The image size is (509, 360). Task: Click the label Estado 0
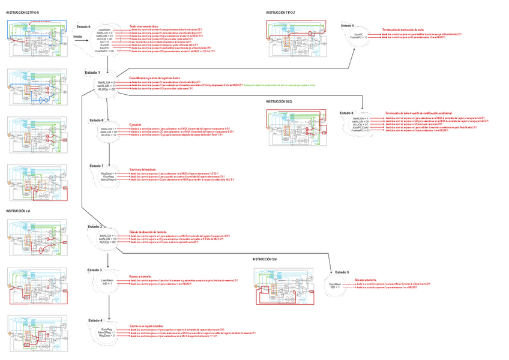pos(83,27)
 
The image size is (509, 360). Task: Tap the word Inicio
pos(77,37)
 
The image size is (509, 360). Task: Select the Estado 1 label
pos(92,73)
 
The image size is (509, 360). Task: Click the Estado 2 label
pos(95,227)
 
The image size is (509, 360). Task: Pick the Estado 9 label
pos(348,26)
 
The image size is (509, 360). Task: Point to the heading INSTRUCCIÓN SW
pos(265,259)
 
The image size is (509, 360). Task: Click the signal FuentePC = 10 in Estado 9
pos(360,38)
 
